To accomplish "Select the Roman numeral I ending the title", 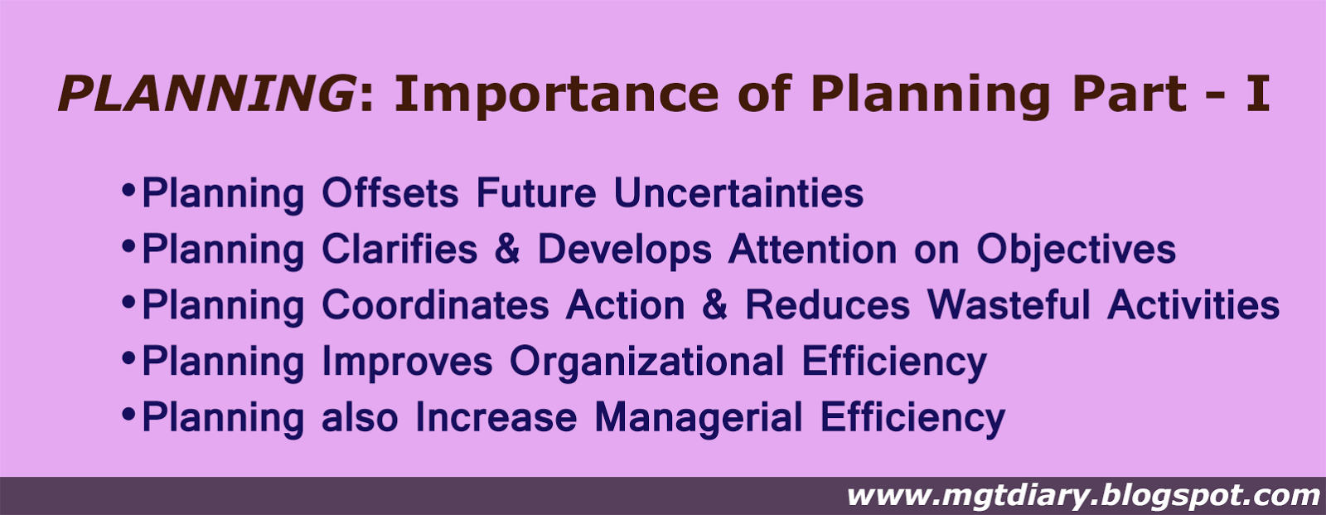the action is coord(1257,94).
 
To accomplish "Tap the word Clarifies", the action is coord(399,248).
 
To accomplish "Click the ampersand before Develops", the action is coord(507,249).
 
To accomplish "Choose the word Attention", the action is coord(813,248).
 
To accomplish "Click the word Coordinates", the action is coord(435,304).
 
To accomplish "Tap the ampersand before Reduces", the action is coord(714,304).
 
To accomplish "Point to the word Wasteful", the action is coord(1009,304).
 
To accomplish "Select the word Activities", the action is coord(1193,304).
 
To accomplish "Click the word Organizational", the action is coord(647,362).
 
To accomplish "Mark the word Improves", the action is coord(407,362).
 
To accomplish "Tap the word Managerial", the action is coord(699,418).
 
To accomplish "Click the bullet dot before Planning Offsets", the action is coord(128,190).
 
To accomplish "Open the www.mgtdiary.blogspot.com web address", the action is coord(1083,495).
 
